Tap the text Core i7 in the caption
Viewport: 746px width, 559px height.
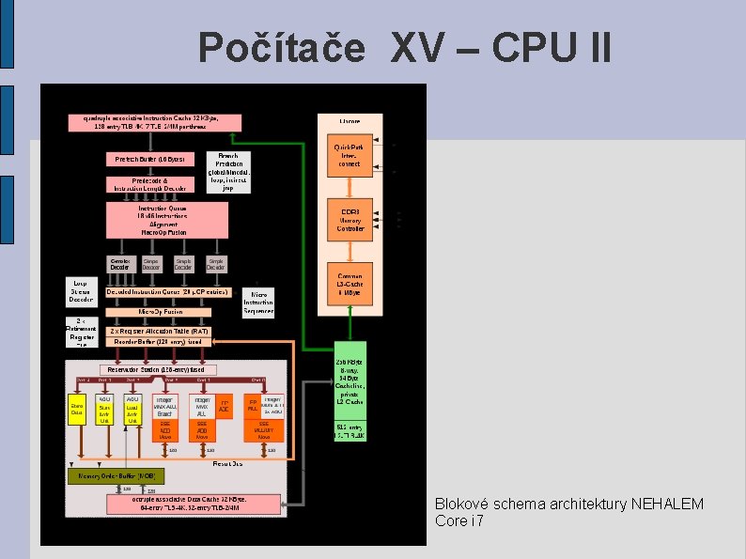click(458, 520)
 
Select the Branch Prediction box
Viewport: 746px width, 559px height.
click(228, 172)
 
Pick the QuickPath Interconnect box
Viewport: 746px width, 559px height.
click(349, 156)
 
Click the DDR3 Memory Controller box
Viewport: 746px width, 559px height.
click(350, 218)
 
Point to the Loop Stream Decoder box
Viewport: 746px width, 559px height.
click(81, 290)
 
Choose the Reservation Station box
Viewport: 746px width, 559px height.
click(162, 369)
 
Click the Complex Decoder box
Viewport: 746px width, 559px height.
click(120, 264)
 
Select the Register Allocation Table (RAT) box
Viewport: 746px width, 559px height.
click(159, 332)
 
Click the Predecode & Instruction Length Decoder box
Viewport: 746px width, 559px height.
click(149, 184)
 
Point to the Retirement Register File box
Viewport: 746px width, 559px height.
click(82, 333)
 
